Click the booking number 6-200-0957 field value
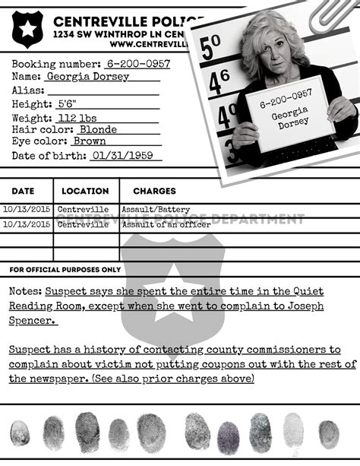[138, 65]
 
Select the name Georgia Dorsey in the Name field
[88, 77]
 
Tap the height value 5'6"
[67, 104]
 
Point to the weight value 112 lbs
[77, 118]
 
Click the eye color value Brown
[90, 141]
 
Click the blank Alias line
[103, 91]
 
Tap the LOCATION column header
[85, 191]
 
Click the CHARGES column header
[154, 191]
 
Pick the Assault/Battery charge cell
[156, 210]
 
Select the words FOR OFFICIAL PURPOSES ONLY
[65, 270]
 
